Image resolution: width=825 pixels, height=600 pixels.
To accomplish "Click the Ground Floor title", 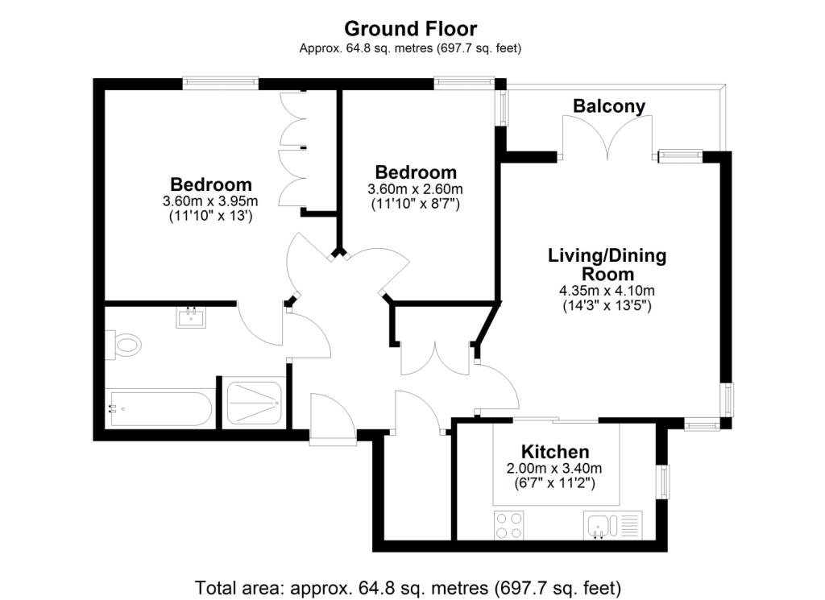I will pyautogui.click(x=410, y=28).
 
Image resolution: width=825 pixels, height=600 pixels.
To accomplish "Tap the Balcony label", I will pyautogui.click(x=608, y=106).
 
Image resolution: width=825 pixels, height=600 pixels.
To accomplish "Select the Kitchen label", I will pyautogui.click(x=555, y=452).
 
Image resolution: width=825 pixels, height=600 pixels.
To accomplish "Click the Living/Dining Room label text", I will pyautogui.click(x=607, y=265).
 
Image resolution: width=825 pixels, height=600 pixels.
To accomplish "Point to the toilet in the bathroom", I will pyautogui.click(x=125, y=346).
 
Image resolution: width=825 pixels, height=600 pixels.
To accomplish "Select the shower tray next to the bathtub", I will pyautogui.click(x=254, y=403).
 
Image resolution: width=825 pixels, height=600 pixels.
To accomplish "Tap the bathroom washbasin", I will pyautogui.click(x=191, y=317).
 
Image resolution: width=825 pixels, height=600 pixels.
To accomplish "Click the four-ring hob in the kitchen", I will pyautogui.click(x=509, y=527).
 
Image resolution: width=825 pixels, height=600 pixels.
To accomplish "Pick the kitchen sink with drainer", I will pyautogui.click(x=612, y=527).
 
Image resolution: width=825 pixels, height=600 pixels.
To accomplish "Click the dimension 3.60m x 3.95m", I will pyautogui.click(x=210, y=201).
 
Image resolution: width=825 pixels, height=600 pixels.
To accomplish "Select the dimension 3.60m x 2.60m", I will pyautogui.click(x=415, y=189).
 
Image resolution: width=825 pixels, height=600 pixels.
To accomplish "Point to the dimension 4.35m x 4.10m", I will pyautogui.click(x=607, y=291).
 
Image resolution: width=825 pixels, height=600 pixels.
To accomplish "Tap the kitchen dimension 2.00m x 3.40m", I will pyautogui.click(x=555, y=469).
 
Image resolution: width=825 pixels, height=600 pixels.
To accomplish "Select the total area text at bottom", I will pyautogui.click(x=408, y=586).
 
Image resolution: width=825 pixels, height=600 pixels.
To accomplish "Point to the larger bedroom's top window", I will pyautogui.click(x=220, y=81).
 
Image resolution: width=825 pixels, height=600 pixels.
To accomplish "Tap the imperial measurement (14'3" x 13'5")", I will pyautogui.click(x=607, y=305).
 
